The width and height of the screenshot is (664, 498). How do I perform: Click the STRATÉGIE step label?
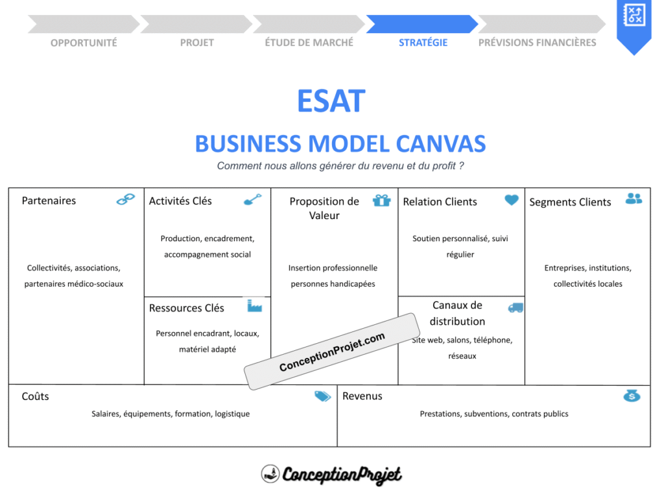(x=423, y=43)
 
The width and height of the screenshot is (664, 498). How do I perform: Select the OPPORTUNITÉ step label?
(x=84, y=43)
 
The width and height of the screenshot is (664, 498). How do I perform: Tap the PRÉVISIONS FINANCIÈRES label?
(x=537, y=43)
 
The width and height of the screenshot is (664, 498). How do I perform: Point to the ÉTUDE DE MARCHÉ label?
(x=309, y=43)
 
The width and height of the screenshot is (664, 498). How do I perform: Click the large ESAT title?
(x=331, y=101)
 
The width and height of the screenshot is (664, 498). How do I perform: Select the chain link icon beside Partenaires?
(x=125, y=200)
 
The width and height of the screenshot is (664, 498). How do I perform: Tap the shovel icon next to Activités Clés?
(x=252, y=200)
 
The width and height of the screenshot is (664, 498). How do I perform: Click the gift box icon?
(x=381, y=200)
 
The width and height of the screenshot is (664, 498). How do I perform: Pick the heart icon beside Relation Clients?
(x=512, y=200)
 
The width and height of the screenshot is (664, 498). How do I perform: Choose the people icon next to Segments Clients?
(x=634, y=198)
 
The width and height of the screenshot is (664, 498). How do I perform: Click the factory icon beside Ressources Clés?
(x=254, y=305)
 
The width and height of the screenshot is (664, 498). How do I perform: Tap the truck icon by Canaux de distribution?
(x=516, y=307)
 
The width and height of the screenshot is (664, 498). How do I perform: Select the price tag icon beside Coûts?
(x=322, y=396)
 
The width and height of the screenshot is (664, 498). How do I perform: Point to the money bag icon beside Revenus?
(x=632, y=396)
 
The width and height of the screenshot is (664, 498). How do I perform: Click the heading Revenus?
(x=362, y=396)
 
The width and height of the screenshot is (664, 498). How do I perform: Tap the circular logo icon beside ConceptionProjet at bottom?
(x=270, y=474)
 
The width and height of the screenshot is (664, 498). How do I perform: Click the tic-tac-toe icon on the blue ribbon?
(x=633, y=16)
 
